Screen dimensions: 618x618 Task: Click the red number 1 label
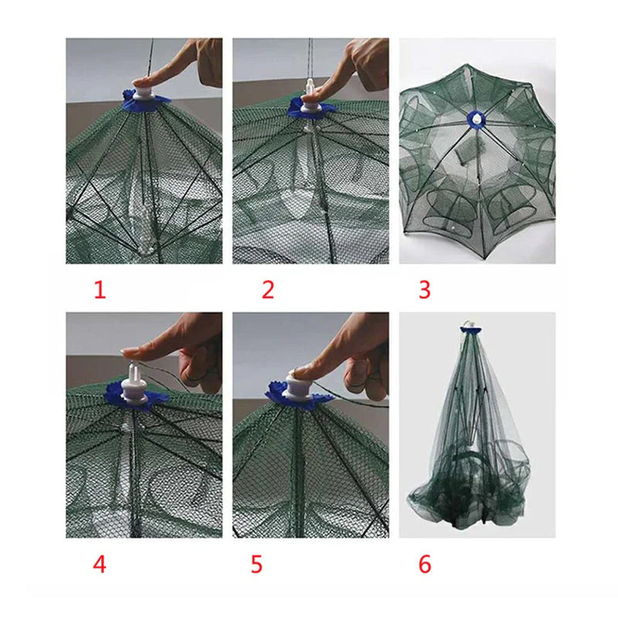click(x=100, y=290)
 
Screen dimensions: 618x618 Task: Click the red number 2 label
click(x=268, y=290)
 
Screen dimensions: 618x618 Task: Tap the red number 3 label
click(x=424, y=290)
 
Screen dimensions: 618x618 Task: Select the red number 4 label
click(x=100, y=565)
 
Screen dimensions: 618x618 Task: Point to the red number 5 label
click(x=256, y=565)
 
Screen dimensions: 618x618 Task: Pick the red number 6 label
click(x=424, y=565)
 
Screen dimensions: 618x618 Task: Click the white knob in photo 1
click(x=141, y=94)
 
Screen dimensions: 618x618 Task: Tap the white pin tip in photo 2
click(x=311, y=84)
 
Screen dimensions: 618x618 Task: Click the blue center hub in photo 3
click(x=477, y=119)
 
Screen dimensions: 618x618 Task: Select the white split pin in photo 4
click(x=132, y=373)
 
